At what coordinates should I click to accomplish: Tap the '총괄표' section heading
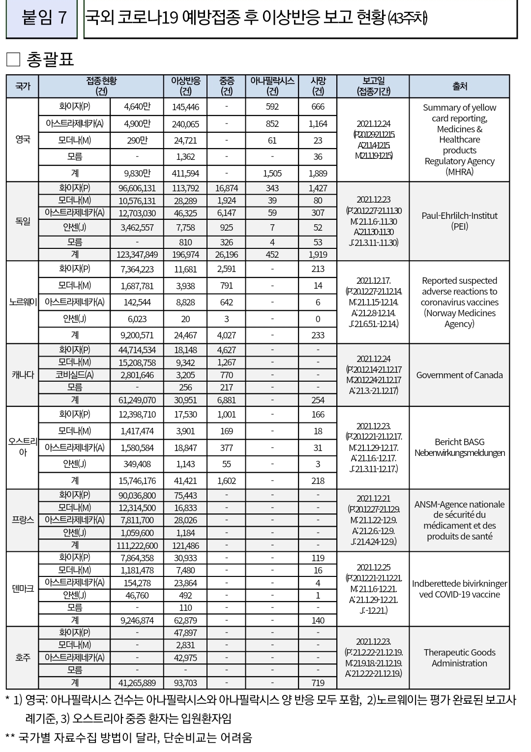pos(49,60)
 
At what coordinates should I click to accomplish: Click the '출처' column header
pos(459,86)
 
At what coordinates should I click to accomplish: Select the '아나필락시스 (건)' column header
pos(272,86)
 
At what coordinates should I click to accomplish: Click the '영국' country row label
pos(23,140)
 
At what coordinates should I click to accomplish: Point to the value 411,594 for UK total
pos(185,173)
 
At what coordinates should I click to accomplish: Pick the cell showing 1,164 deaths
pos(318,124)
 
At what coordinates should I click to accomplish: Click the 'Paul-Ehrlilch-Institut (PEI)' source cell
pos(459,221)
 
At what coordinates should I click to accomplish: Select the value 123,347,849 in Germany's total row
pos(137,254)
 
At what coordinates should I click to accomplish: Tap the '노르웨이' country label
pos(23,302)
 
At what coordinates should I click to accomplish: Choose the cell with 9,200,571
pos(137,335)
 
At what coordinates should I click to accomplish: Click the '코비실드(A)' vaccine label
pos(75,375)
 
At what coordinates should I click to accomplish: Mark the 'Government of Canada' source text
pos(459,375)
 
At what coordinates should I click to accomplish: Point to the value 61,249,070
pos(137,400)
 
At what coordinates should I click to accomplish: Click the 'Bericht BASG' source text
pos(459,442)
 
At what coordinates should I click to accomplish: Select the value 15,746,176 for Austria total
pos(137,481)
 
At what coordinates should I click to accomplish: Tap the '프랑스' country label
pos(23,520)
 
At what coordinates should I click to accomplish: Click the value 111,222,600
pos(137,545)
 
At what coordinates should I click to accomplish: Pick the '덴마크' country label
pos(23,589)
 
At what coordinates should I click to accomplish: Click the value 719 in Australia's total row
pos(318,683)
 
